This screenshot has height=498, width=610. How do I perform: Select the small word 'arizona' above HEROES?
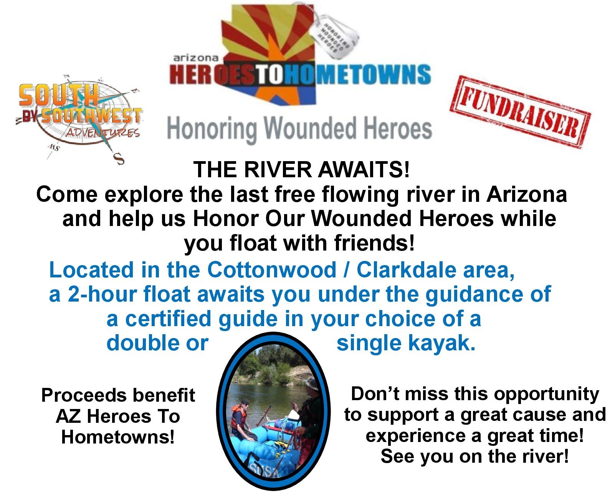pyautogui.click(x=196, y=58)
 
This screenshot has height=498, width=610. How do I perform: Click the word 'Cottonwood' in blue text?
pyautogui.click(x=271, y=270)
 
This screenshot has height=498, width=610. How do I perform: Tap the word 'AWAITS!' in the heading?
pyautogui.click(x=363, y=170)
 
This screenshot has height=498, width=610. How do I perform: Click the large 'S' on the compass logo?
pyautogui.click(x=119, y=159)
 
